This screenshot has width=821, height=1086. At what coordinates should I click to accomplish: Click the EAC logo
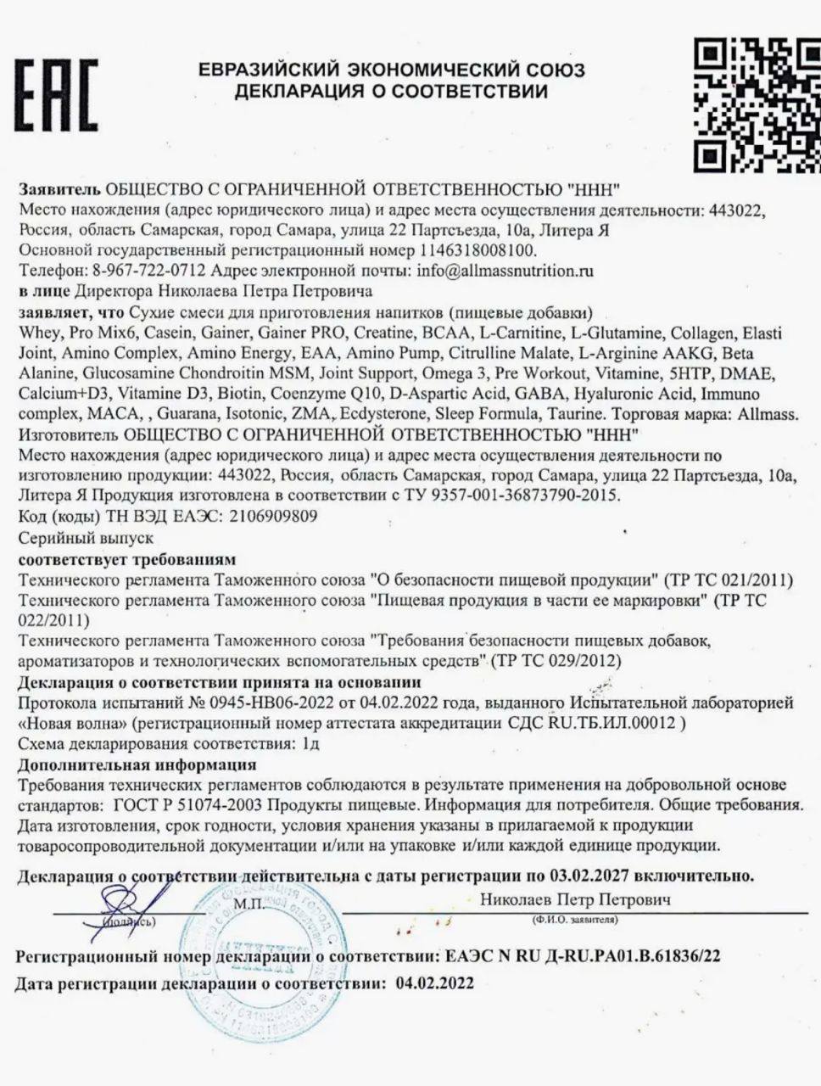[56, 94]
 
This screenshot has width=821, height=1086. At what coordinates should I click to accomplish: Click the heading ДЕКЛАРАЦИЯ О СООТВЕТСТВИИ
[391, 91]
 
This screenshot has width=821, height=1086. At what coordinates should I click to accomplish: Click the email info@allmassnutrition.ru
[505, 271]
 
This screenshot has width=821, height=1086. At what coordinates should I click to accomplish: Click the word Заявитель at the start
[59, 188]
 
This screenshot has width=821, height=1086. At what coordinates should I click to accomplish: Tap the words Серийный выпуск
[86, 538]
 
